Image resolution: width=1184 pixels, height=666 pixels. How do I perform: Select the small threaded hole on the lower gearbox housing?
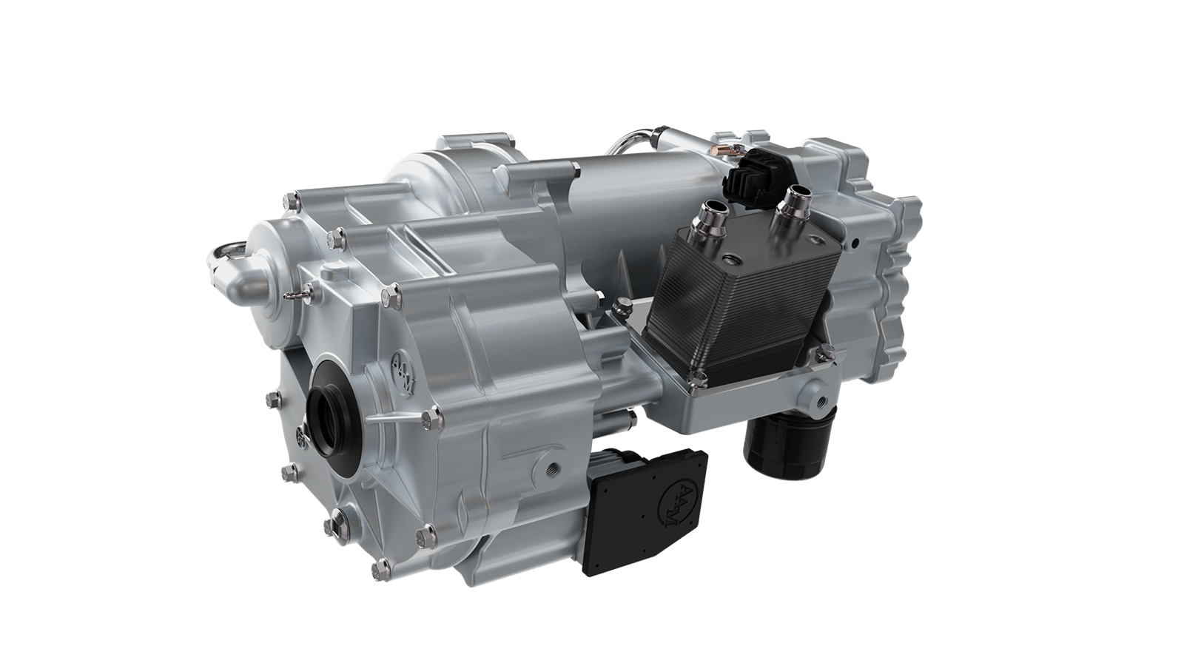551,467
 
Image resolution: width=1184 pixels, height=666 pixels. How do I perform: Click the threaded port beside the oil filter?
824,403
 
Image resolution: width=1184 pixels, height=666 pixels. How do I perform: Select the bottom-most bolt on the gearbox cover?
383,568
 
